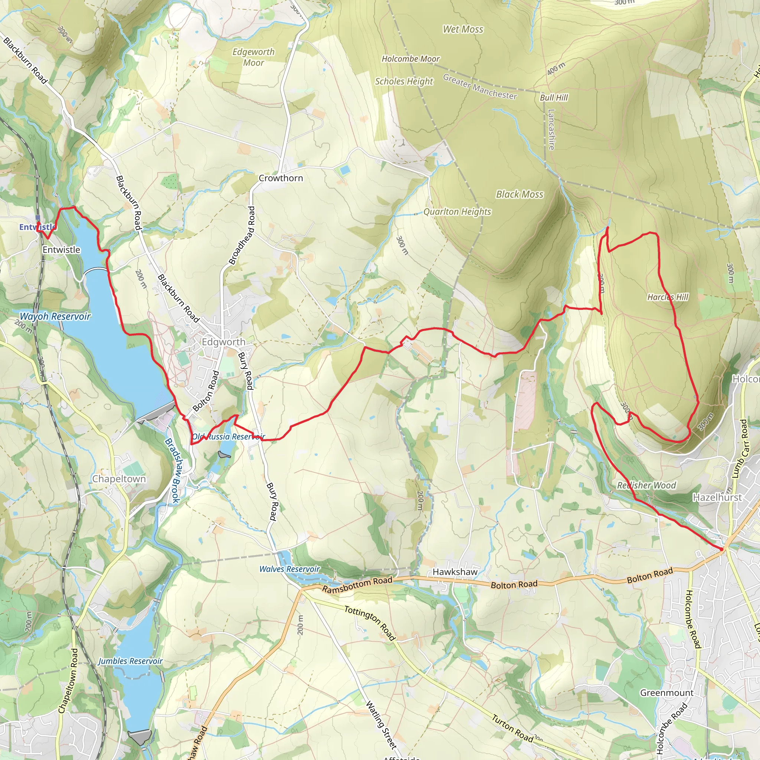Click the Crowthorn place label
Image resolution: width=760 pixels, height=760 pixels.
(x=281, y=178)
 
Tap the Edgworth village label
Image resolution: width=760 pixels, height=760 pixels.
(x=223, y=342)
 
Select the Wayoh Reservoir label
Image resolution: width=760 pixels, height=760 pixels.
(x=55, y=316)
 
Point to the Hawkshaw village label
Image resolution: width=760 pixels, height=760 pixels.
(x=455, y=572)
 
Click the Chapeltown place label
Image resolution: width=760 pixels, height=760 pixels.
(x=119, y=479)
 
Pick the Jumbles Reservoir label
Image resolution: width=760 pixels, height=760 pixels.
(x=130, y=661)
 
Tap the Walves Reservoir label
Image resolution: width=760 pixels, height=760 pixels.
(x=289, y=569)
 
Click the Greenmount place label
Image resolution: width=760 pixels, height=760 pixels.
(x=667, y=693)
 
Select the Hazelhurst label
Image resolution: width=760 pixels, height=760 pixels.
(x=717, y=498)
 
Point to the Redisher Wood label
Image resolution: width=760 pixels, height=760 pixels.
(x=646, y=485)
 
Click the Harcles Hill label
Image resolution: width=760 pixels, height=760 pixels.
(x=668, y=297)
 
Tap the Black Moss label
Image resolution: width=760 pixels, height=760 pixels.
(x=519, y=194)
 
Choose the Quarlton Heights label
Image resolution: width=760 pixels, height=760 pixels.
(x=457, y=212)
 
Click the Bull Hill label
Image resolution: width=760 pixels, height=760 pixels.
(x=554, y=98)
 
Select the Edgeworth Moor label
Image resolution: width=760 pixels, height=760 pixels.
(x=253, y=58)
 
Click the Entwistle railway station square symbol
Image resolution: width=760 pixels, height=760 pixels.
(x=38, y=217)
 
